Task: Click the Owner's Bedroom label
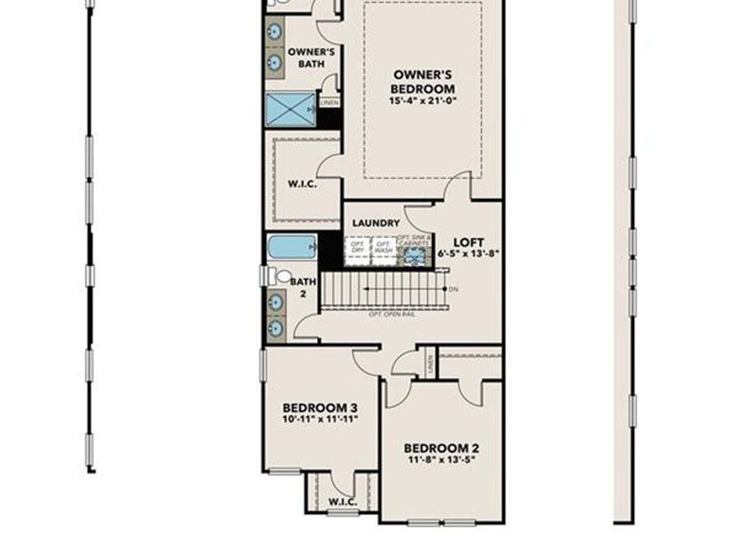coord(422,81)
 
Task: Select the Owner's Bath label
coord(311,58)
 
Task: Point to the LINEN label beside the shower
coord(329,103)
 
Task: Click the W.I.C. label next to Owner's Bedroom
coord(302,182)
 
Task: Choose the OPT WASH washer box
coord(384,248)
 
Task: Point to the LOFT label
coord(467,242)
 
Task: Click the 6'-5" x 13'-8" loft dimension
coord(467,254)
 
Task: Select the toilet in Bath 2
coord(282,275)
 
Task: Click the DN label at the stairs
coord(453,289)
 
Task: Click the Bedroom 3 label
coord(319,408)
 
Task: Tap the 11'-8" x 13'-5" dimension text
coord(441,459)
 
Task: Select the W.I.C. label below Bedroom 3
coord(342,501)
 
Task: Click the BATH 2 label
coord(303,288)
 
